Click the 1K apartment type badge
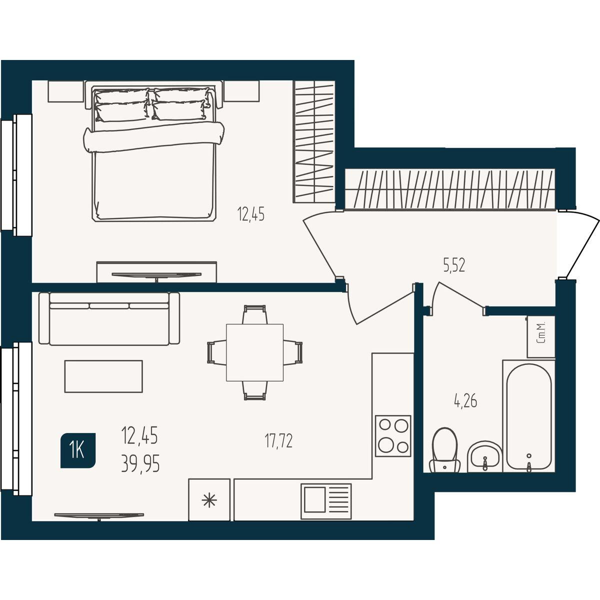coord(78,450)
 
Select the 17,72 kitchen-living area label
coord(278,441)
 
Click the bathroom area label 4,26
coord(465,401)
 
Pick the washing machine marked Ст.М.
coord(541,337)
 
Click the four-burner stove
coord(393,436)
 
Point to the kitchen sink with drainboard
coord(326,501)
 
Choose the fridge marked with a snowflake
coord(209,499)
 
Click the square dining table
coord(254,352)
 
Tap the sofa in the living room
coord(109,318)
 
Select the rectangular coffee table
coord(103,376)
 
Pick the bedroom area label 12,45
coord(251,214)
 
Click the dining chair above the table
coord(254,314)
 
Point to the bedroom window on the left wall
coord(16,175)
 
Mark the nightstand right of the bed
coord(241,91)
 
